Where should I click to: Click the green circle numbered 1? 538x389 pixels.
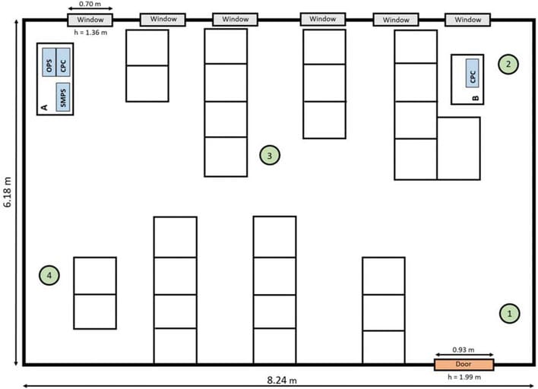[510, 313]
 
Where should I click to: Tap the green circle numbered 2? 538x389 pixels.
[508, 64]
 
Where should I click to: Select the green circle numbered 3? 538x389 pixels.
[270, 156]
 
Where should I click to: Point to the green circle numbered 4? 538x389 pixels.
[49, 275]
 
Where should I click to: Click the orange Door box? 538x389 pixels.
[464, 364]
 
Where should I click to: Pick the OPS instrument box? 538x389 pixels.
[49, 62]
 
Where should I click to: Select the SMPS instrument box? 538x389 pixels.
[63, 97]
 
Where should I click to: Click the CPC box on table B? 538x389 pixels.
[473, 73]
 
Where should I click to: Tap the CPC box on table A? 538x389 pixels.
[63, 62]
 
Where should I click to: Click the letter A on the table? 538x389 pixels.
[44, 107]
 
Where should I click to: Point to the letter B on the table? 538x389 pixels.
[476, 98]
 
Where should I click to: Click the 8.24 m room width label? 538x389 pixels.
[282, 380]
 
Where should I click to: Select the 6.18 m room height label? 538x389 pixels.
[8, 191]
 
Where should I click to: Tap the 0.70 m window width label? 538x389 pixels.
[90, 4]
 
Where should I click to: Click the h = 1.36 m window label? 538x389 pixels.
[90, 33]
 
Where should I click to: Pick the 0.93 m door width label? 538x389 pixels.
[464, 349]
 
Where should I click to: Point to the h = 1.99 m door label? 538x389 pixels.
[464, 377]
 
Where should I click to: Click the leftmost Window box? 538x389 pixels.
[90, 20]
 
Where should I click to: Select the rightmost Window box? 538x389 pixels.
[467, 20]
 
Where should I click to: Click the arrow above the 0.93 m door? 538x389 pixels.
[464, 355]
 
